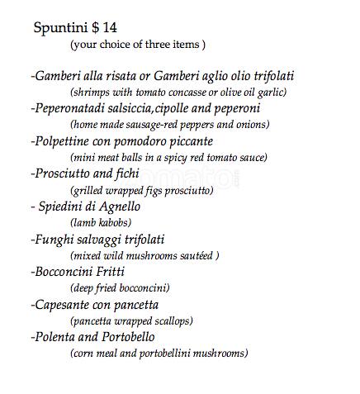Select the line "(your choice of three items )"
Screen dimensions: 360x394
coord(138,44)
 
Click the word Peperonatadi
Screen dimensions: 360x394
coord(75,108)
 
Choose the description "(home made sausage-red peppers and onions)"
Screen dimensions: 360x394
coord(170,124)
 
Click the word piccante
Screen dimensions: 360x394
coord(188,140)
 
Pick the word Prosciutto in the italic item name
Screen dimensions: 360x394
coord(65,173)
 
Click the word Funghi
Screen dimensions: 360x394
coord(54,239)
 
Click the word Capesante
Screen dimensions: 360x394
coord(64,304)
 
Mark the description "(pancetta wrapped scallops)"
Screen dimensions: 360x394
coord(132,320)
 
